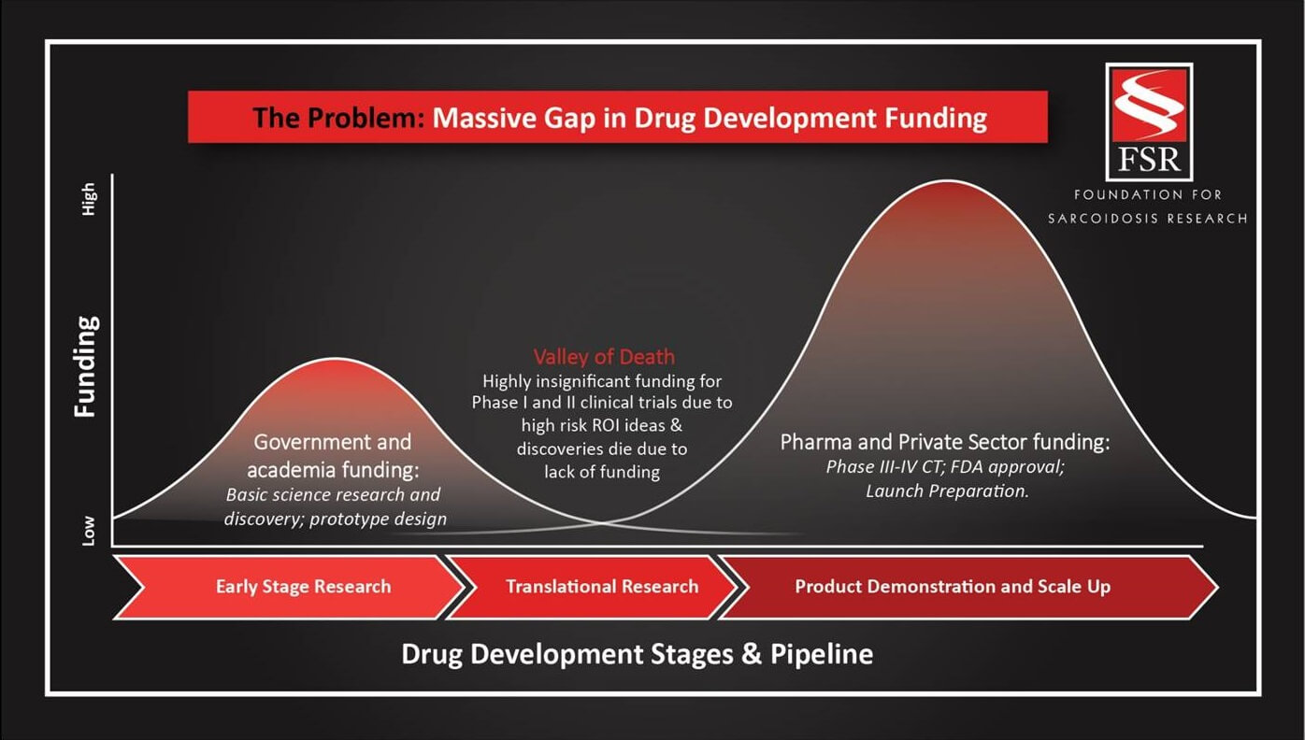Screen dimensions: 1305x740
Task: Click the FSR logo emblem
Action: (x=1149, y=122)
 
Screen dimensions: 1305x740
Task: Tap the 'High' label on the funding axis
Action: (x=88, y=199)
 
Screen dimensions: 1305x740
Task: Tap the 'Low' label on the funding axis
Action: (x=88, y=531)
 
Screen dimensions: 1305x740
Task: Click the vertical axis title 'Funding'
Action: (x=86, y=367)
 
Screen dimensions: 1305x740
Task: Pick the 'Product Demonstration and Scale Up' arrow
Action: (x=968, y=587)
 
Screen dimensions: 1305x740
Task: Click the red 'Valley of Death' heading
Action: (x=604, y=356)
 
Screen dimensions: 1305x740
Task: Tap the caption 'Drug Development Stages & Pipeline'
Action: (x=638, y=654)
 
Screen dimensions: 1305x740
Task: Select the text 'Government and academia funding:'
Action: (x=333, y=456)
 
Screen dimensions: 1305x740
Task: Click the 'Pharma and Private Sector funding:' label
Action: (x=945, y=443)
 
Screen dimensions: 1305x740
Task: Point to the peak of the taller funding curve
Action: (x=948, y=180)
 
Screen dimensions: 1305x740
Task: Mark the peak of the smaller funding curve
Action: (x=337, y=359)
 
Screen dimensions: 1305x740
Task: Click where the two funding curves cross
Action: (x=603, y=522)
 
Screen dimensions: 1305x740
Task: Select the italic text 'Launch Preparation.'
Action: (x=947, y=491)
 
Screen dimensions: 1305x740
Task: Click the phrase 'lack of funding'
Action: (x=602, y=472)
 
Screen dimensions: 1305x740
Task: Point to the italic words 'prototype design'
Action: (x=378, y=519)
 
